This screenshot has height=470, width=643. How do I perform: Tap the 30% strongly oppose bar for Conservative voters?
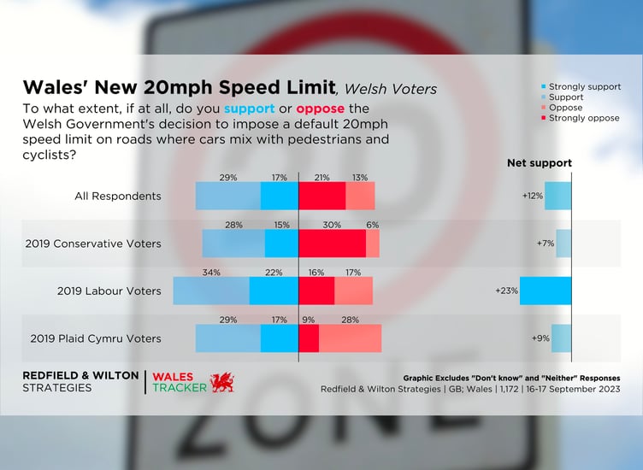point(332,244)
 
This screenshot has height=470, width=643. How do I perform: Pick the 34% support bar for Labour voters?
point(210,291)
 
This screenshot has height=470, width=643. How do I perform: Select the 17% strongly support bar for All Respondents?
point(279,196)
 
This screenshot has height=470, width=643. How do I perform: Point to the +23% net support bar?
point(545,291)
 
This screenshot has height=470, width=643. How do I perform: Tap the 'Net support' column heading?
point(540,163)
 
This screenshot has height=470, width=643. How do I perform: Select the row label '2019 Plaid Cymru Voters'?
point(95,338)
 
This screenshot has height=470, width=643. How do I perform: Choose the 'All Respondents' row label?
point(118,196)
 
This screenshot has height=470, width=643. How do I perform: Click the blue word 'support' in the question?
point(249,109)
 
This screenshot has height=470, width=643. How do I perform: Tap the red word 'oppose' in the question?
point(320,109)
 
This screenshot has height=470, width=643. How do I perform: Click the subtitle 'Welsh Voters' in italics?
point(390,89)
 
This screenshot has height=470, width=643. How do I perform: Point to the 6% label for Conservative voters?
point(373,225)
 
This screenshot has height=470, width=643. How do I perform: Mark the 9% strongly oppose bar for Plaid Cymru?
point(308,338)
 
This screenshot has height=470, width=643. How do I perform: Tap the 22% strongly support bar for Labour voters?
point(273,291)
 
